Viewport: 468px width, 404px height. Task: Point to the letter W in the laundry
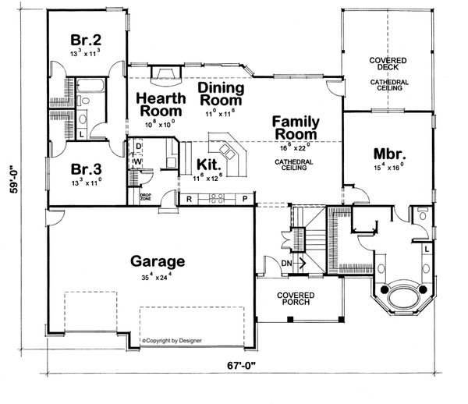[138, 162]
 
